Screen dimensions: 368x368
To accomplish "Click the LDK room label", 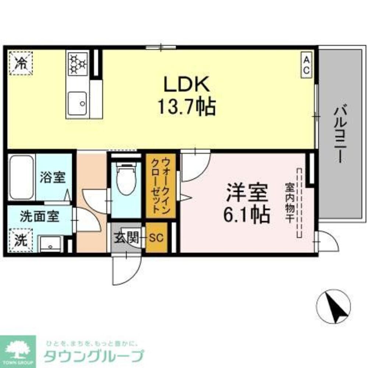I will pyautogui.click(x=187, y=85).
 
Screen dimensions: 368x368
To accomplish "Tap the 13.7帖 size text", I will pyautogui.click(x=187, y=107).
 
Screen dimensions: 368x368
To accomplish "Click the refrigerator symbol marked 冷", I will pyautogui.click(x=21, y=63).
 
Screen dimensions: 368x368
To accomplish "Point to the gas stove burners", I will pyautogui.click(x=77, y=63).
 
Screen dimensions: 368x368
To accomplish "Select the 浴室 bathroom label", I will pyautogui.click(x=53, y=177).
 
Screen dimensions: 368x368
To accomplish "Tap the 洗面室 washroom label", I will pyautogui.click(x=39, y=216).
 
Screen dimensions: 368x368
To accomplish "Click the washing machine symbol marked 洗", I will pyautogui.click(x=21, y=240).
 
